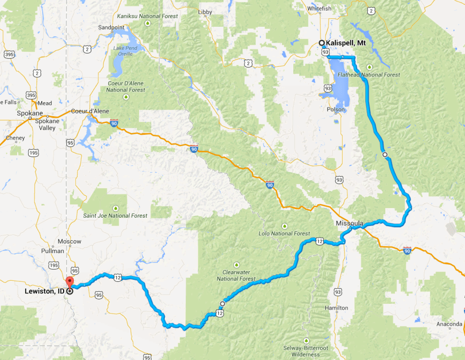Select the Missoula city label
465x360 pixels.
pos(350,223)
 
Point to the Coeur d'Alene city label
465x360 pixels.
pos(90,111)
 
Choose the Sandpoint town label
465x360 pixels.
pos(112,27)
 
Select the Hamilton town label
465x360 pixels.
pos(337,308)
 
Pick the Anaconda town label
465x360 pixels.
pos(448,324)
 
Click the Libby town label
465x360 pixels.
pos(205,12)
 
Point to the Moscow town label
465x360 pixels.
pos(69,241)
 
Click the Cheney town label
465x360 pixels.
pos(15,138)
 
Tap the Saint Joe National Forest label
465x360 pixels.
pos(115,216)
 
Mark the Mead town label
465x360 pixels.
pos(44,103)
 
